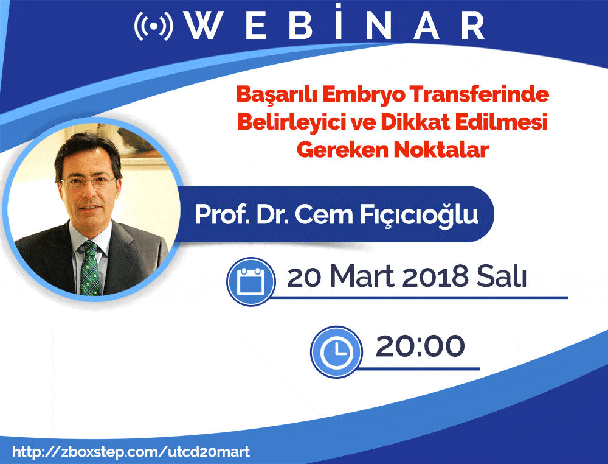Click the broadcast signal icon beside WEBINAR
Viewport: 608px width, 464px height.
point(154,26)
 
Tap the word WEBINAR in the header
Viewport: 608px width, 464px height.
point(336,24)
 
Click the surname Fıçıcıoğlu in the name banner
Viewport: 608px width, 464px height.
point(420,215)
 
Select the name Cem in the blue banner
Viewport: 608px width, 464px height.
point(324,214)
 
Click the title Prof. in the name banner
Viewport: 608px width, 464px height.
point(222,214)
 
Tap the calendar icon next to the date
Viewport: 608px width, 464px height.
point(251,281)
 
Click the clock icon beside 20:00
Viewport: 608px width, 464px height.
point(336,352)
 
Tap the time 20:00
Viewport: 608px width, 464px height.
point(420,346)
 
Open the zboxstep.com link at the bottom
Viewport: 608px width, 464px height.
point(131,452)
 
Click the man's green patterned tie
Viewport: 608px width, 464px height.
point(90,269)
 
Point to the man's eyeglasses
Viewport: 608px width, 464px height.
point(88,182)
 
